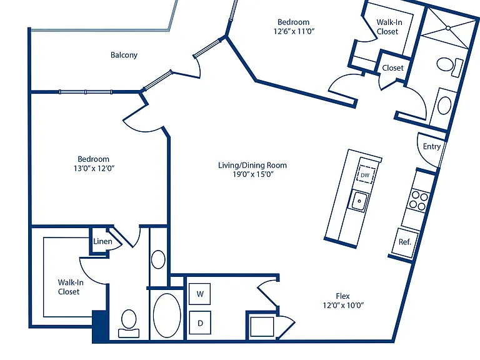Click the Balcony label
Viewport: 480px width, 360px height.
124,55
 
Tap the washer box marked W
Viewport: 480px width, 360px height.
199,294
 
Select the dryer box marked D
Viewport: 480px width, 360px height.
200,322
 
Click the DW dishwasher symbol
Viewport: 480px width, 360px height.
365,175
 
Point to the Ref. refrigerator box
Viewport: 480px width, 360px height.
405,242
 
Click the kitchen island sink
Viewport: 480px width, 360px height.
359,201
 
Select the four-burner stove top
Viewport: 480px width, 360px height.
419,200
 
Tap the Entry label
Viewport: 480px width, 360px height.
432,146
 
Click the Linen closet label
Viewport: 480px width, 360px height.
102,241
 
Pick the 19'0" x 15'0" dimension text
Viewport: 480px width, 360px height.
252,174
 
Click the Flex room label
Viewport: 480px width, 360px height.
343,296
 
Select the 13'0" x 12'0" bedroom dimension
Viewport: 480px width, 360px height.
94,168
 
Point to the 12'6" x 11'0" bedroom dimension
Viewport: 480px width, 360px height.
294,31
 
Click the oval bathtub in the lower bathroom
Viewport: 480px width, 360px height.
167,315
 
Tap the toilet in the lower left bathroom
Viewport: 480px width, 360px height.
129,324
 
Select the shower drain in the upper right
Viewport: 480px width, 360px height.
448,28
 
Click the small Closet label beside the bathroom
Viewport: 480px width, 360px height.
392,67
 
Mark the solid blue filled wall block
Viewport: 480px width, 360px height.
101,327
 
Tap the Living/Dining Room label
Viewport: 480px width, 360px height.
252,165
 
